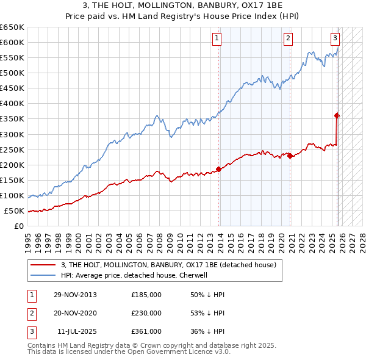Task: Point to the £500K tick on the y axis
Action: coord(12,73)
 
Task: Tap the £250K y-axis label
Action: coord(12,149)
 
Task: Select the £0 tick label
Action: coord(18,226)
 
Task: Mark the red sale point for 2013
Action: coord(218,169)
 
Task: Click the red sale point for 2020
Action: coord(290,156)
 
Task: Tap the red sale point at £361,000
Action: coord(337,115)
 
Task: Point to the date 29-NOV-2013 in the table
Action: coord(75,295)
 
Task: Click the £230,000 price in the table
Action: coord(146,313)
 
